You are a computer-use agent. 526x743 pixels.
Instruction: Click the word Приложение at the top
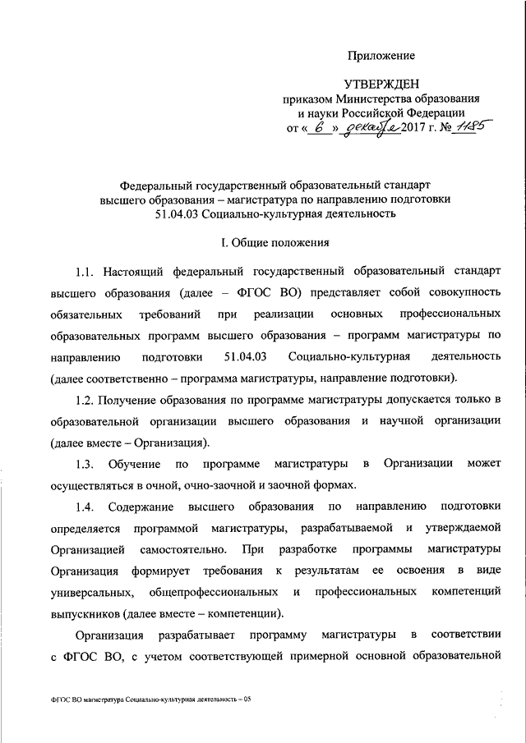[x=381, y=56]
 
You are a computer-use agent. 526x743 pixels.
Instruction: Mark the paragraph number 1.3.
[x=85, y=463]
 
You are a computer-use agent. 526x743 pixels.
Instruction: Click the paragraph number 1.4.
[x=85, y=506]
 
